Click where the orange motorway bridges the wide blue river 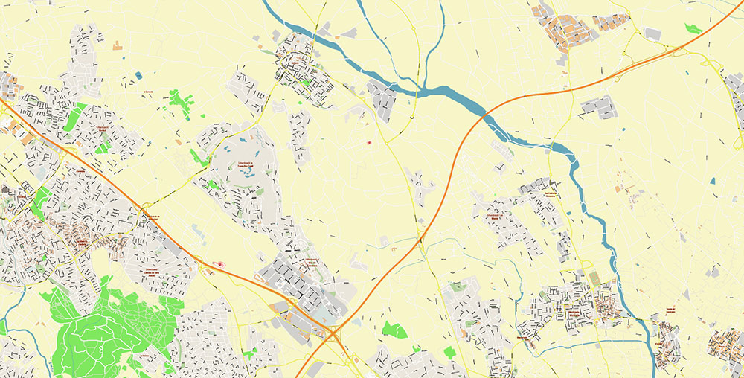coord(484,115)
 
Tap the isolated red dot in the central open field coord(370,142)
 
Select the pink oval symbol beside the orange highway coord(218,264)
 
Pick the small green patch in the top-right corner coord(693,29)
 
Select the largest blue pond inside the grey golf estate coord(245,173)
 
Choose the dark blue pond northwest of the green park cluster coord(138,75)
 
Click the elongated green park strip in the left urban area coord(74,118)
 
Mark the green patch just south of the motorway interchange coord(394,330)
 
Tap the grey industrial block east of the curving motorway coord(599,108)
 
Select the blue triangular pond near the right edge coord(712,180)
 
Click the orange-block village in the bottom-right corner coord(725,346)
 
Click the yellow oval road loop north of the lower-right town coord(586,263)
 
